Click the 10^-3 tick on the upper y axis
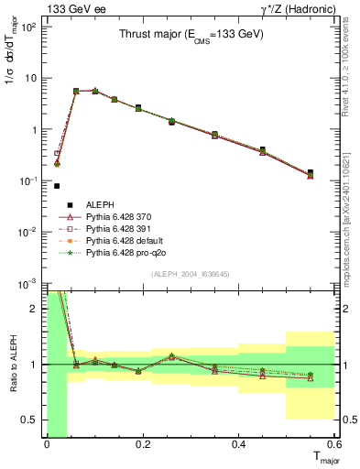point(28,284)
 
